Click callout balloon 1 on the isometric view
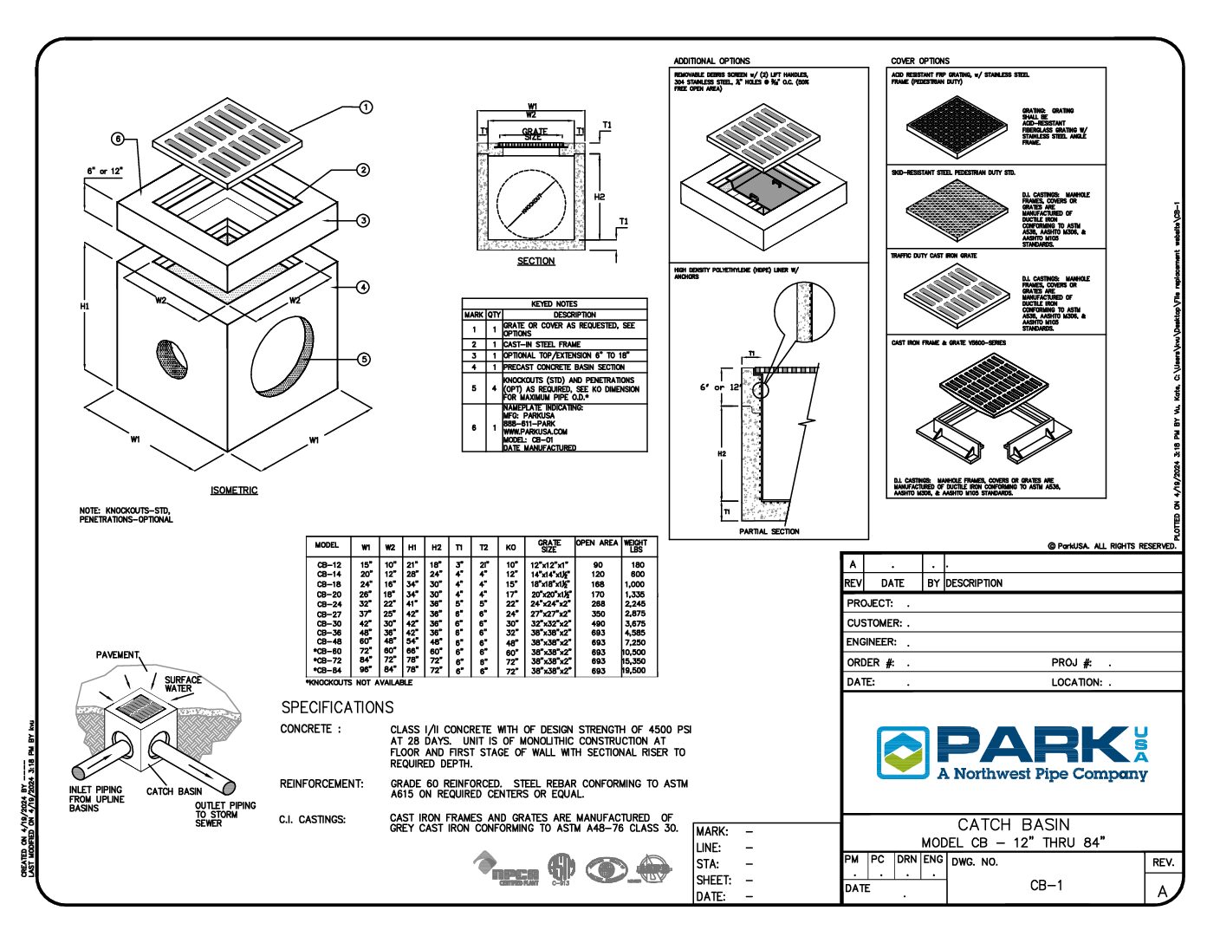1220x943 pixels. click(x=366, y=107)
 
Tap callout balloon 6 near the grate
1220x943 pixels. click(x=118, y=140)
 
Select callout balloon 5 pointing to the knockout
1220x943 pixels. click(x=364, y=359)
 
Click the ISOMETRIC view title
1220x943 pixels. click(x=234, y=491)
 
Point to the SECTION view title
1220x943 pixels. click(x=535, y=261)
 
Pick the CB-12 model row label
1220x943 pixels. click(x=328, y=565)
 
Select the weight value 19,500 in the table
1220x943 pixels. click(x=633, y=671)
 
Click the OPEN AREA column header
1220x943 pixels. click(x=597, y=543)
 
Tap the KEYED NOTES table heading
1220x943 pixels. click(x=555, y=304)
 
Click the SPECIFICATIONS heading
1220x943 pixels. click(x=337, y=707)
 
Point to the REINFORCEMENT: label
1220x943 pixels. click(x=321, y=784)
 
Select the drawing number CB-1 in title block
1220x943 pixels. click(x=1046, y=885)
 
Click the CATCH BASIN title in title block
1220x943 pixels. click(x=1013, y=824)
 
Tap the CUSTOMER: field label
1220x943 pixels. click(x=874, y=623)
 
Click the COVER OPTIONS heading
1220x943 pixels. click(x=920, y=62)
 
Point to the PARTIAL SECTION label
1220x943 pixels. click(x=769, y=531)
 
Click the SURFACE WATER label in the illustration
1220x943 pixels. click(x=183, y=685)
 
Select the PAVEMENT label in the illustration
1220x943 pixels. click(x=117, y=655)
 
